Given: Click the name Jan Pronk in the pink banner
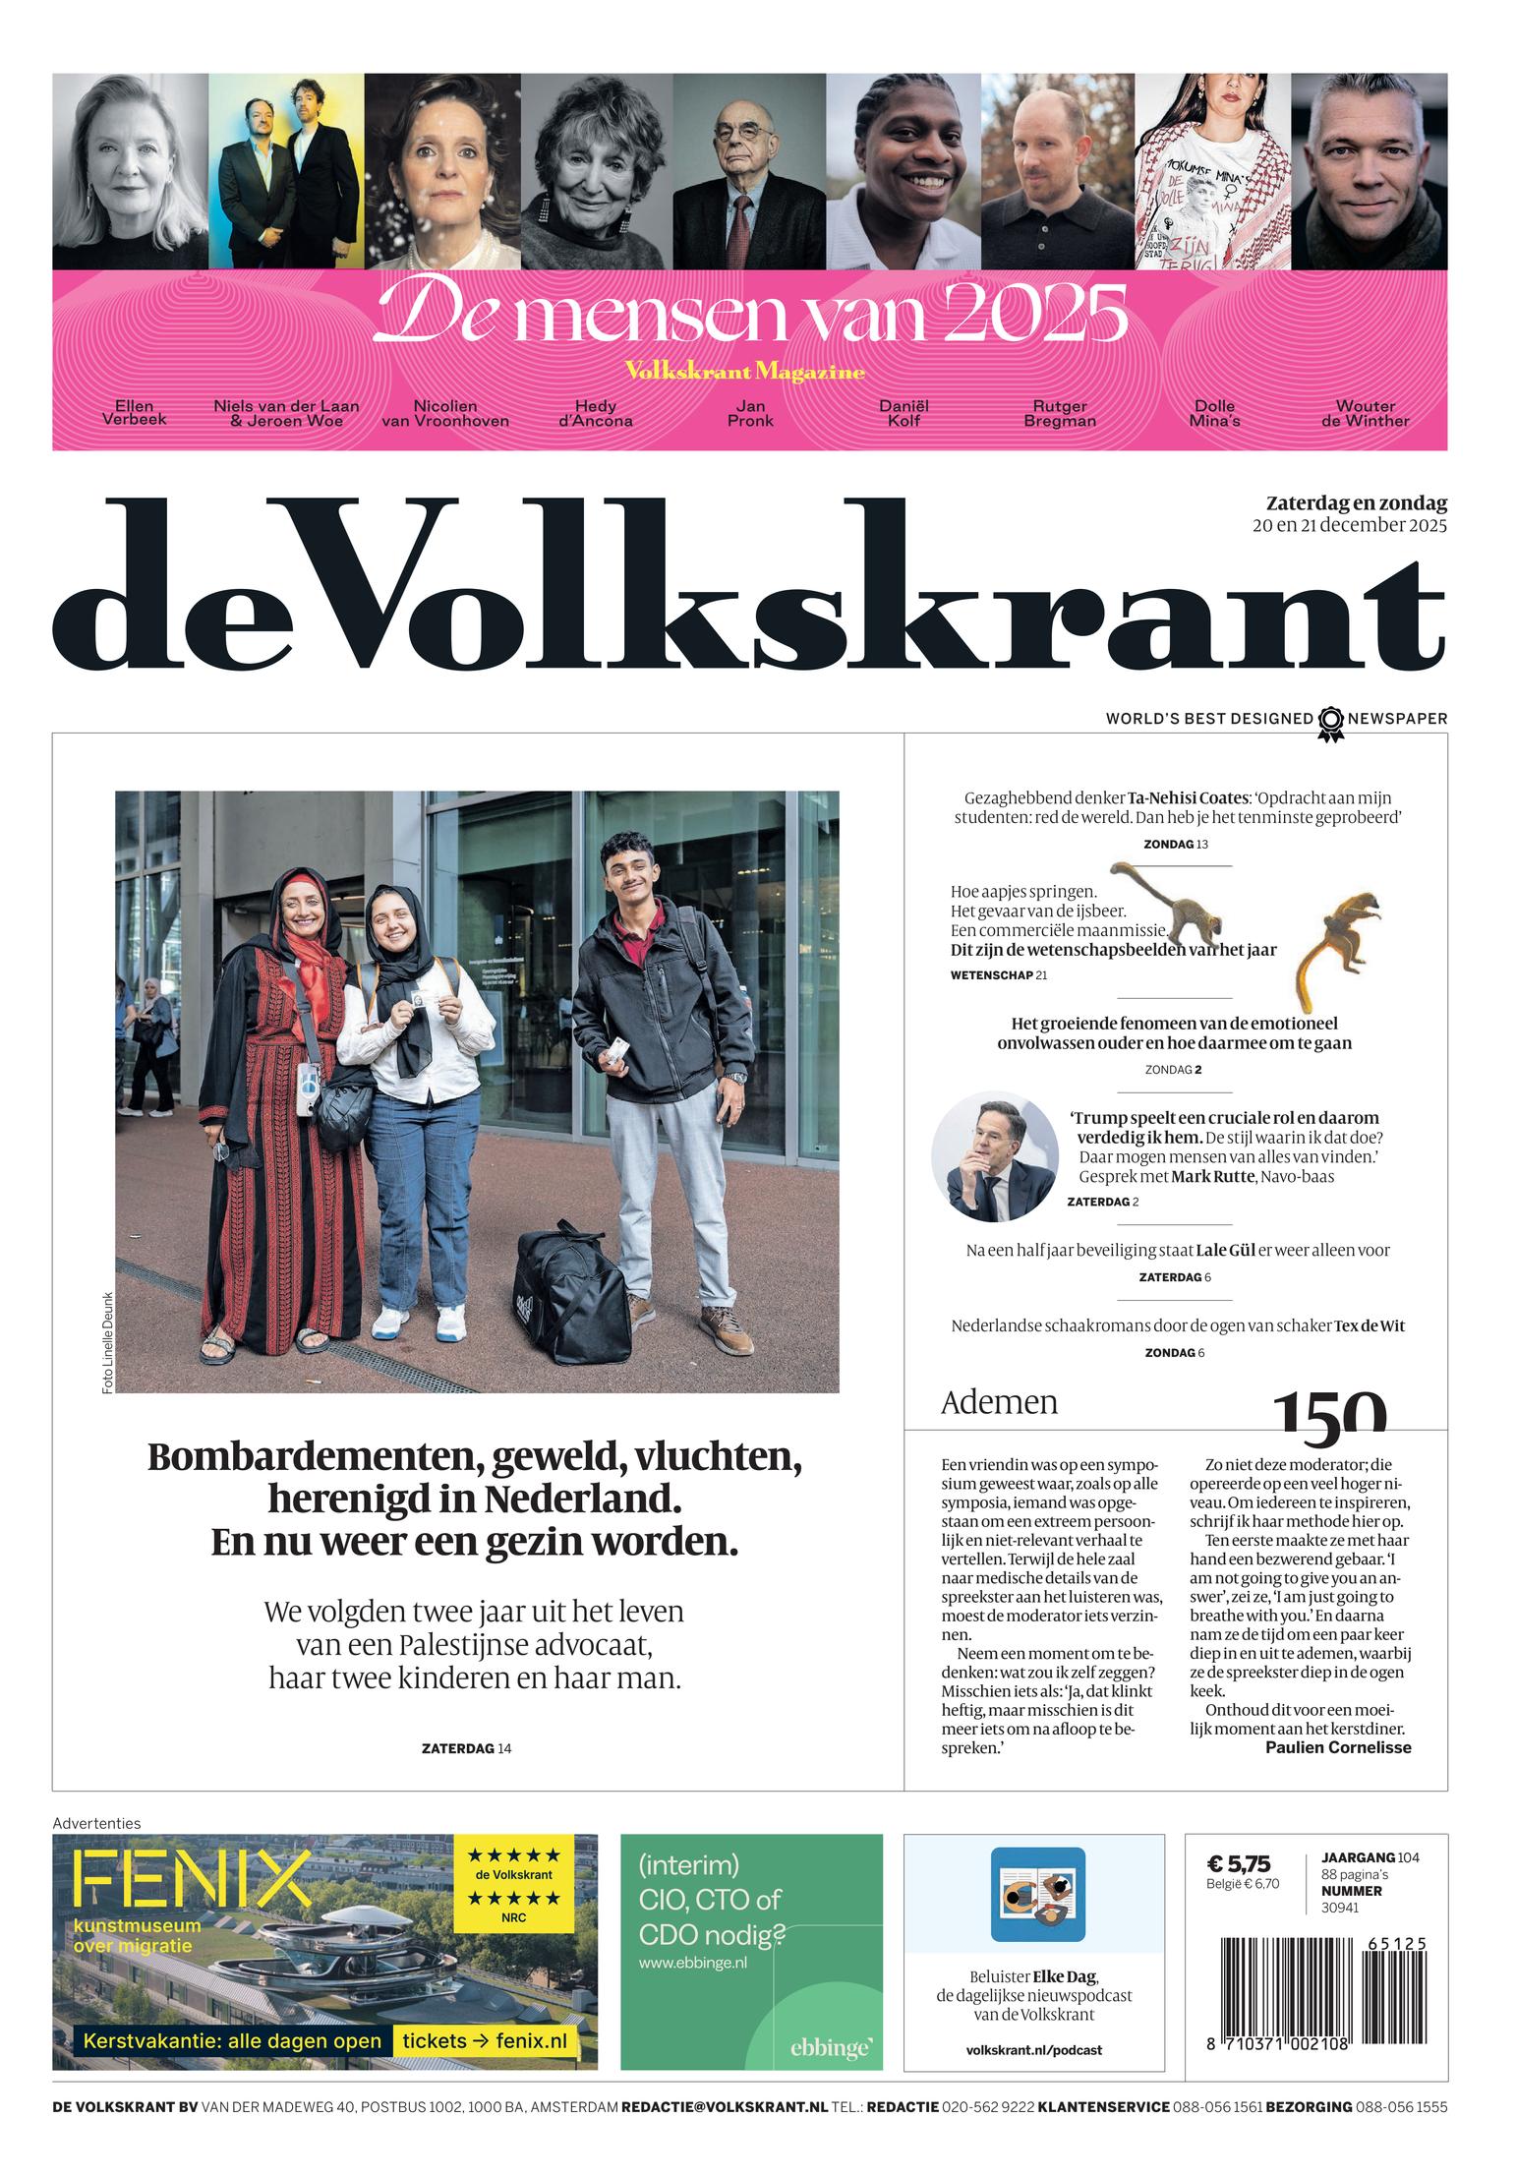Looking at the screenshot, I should (749, 413).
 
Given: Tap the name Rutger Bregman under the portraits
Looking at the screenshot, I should (1059, 413).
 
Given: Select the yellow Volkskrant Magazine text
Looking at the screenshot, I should (744, 372).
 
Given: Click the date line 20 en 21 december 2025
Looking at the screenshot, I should (1349, 525).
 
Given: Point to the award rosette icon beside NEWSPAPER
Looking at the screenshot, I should (1330, 722).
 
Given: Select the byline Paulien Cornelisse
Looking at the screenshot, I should (1337, 1747).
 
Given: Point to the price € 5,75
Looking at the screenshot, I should (1238, 1863).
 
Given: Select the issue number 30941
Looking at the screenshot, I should (1339, 1909).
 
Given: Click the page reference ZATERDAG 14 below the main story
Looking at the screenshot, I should (466, 1748).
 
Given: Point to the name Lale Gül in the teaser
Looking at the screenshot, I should (1225, 1251).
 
